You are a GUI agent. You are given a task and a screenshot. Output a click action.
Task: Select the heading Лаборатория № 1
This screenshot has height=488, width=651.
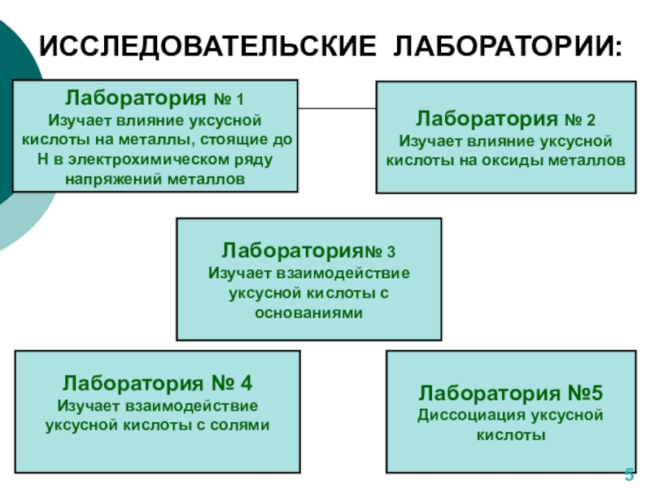click(155, 99)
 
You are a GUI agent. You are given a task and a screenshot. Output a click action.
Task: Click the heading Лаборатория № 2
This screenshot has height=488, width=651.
click(505, 120)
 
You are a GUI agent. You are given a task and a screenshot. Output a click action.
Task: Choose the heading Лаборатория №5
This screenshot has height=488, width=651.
click(510, 394)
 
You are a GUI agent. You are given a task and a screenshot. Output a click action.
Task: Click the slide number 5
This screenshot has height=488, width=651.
click(629, 475)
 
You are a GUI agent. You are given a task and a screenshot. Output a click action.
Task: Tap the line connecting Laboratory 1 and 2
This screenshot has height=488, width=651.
click(337, 109)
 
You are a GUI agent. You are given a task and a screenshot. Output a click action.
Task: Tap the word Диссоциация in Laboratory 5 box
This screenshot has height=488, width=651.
click(465, 416)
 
